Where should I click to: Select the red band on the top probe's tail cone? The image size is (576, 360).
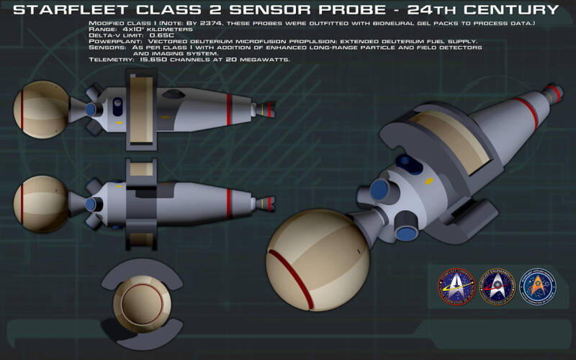pyautogui.click(x=229, y=105)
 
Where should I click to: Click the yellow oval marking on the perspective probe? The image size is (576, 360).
pyautogui.click(x=429, y=181)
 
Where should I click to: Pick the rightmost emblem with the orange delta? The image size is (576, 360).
pyautogui.click(x=537, y=287)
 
